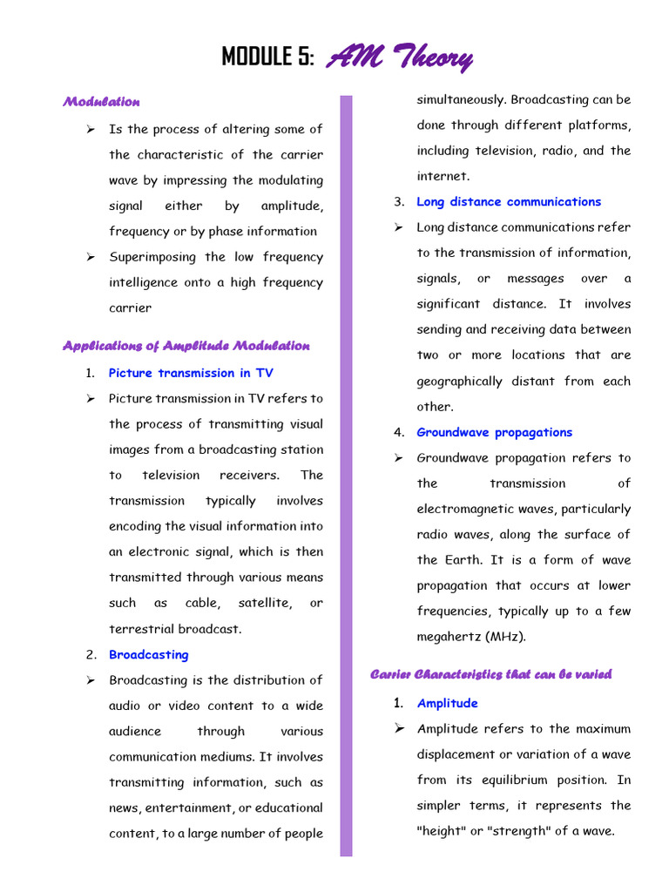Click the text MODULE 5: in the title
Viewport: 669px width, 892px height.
click(267, 58)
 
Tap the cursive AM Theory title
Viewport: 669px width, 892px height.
click(400, 58)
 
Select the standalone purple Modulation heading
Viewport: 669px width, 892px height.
click(101, 102)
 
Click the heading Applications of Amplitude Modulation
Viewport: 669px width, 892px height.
click(186, 346)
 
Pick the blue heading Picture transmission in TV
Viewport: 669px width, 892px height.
click(191, 373)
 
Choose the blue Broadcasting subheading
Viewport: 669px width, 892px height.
click(148, 654)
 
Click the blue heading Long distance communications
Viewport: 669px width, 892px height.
click(509, 202)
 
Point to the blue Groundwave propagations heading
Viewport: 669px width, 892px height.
click(494, 432)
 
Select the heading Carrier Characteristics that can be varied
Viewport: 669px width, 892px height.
click(491, 674)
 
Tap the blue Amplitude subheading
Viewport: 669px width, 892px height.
click(447, 703)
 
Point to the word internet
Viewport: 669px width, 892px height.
click(443, 176)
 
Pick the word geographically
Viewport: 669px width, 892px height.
click(460, 382)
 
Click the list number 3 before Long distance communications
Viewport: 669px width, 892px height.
click(399, 202)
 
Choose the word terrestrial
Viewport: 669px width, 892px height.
click(141, 629)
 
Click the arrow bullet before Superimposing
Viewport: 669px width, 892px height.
click(91, 257)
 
